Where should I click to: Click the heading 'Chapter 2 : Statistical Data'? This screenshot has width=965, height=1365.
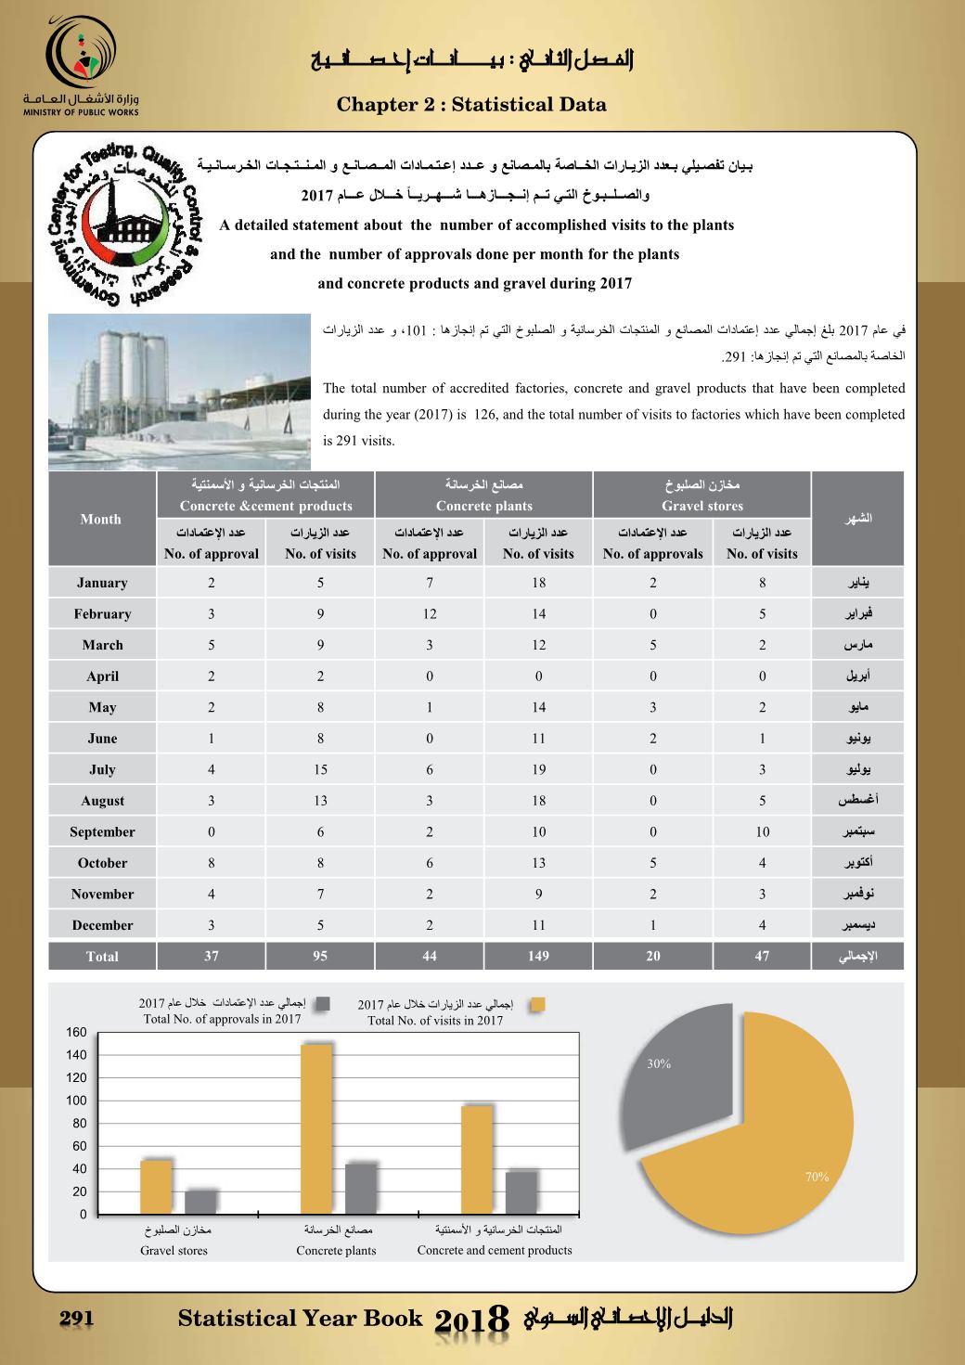tap(471, 105)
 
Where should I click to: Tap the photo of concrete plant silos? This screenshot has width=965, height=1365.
tap(179, 392)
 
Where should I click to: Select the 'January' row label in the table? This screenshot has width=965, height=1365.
tap(102, 583)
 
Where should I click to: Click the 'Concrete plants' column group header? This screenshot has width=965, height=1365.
tap(483, 496)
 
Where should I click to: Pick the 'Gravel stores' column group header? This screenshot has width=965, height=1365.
tap(702, 496)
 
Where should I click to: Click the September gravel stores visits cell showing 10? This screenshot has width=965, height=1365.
tap(762, 831)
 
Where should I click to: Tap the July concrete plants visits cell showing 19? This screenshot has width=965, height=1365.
tap(538, 769)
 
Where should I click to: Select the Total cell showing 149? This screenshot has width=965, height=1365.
tap(538, 956)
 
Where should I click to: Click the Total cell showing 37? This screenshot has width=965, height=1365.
tap(212, 956)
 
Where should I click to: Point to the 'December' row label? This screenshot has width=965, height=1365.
tap(102, 925)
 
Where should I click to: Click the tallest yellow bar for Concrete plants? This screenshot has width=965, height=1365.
tap(317, 1128)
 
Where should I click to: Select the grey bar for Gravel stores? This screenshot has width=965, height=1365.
tap(201, 1202)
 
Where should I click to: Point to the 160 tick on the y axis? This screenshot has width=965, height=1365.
tap(76, 1033)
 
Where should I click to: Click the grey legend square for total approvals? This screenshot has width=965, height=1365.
tap(323, 1003)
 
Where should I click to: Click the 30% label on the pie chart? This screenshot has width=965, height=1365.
tap(659, 1064)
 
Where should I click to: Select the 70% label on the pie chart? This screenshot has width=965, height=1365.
tap(817, 1177)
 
